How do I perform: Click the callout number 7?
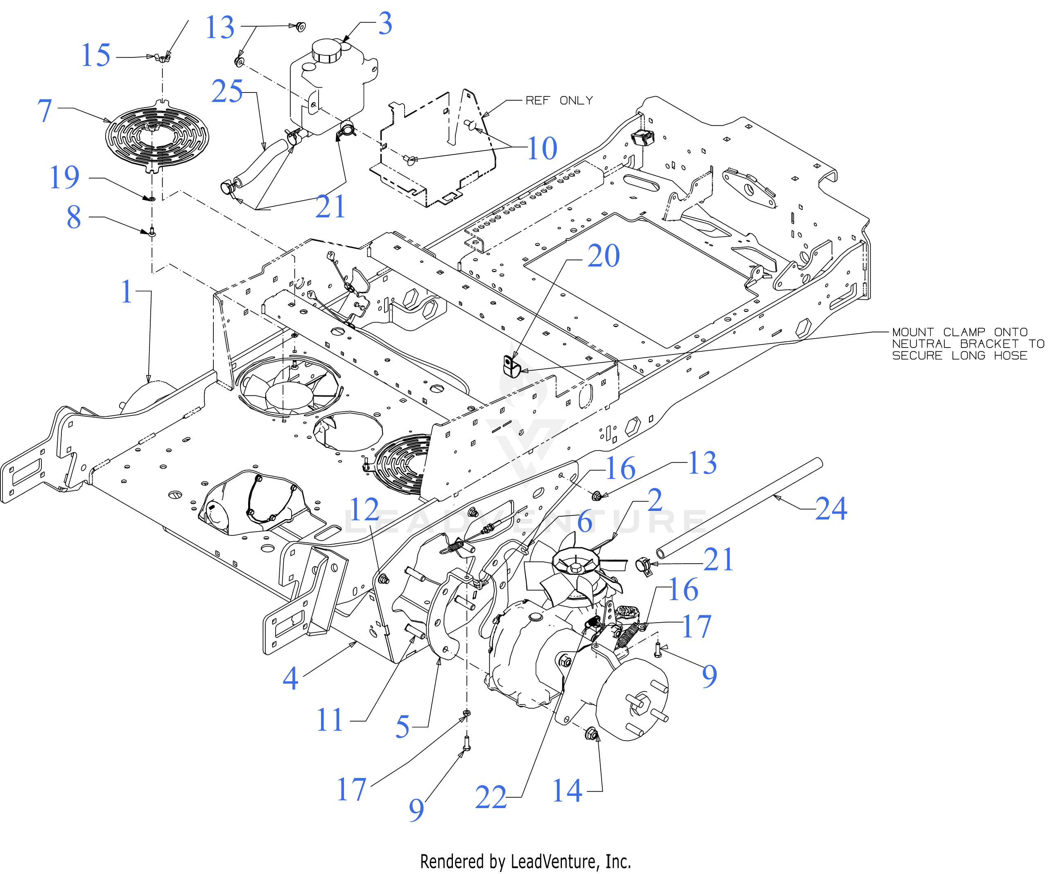pyautogui.click(x=45, y=110)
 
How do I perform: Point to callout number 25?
pyautogui.click(x=227, y=91)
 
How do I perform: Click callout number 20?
pyautogui.click(x=604, y=256)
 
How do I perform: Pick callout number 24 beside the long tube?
pyautogui.click(x=831, y=509)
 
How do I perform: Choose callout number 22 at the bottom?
pyautogui.click(x=491, y=797)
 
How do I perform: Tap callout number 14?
pyautogui.click(x=567, y=791)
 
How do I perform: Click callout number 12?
pyautogui.click(x=364, y=510)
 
